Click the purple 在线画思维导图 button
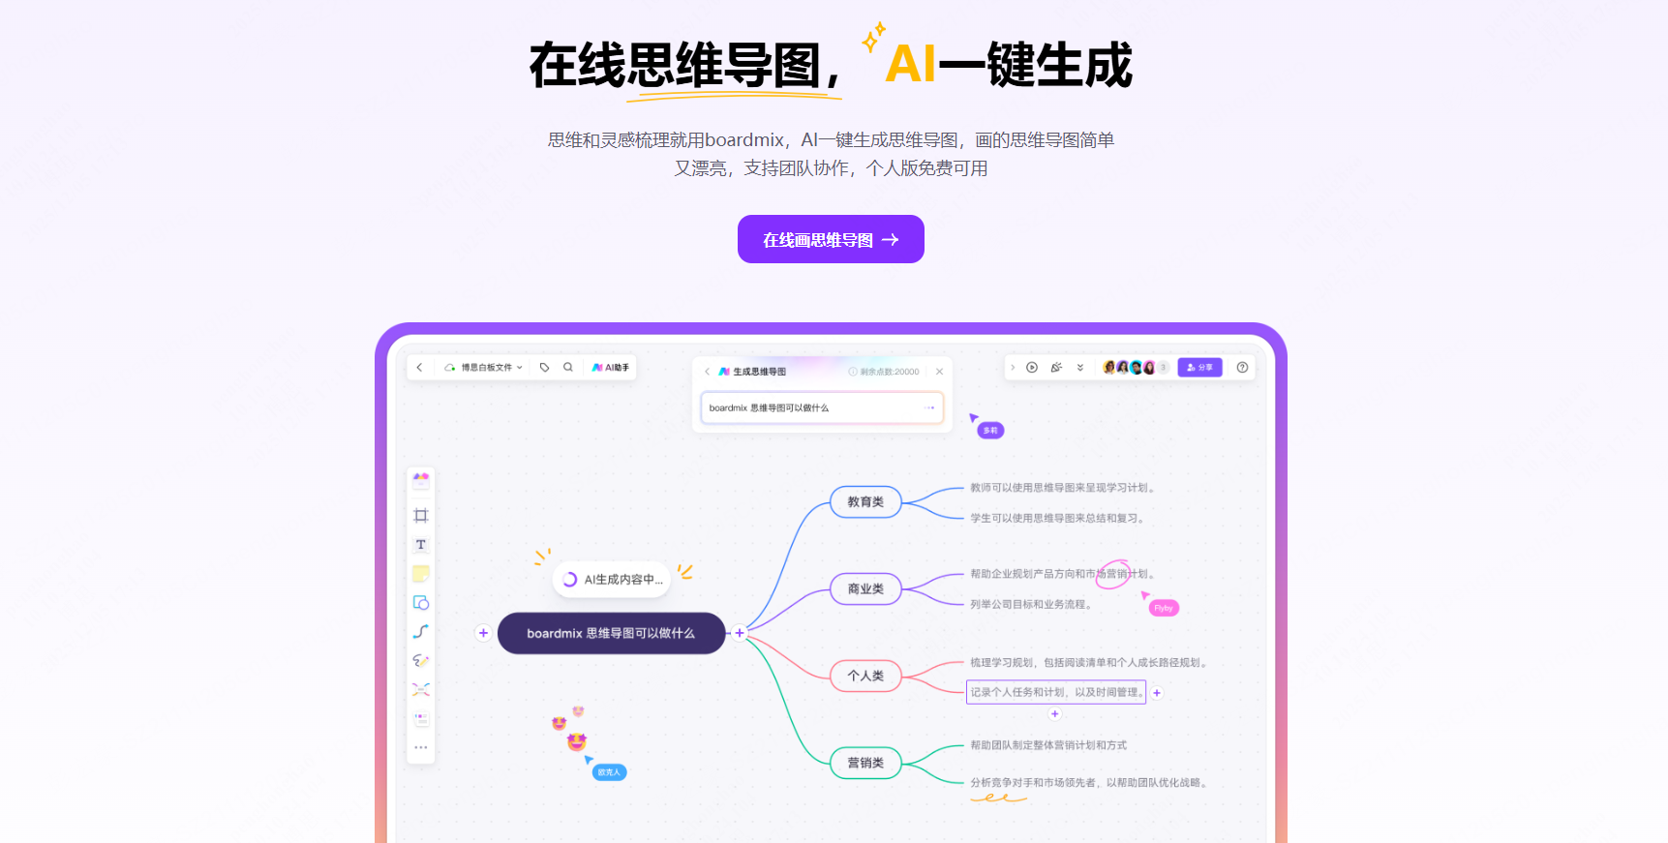point(831,239)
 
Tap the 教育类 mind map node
point(865,502)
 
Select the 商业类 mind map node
point(865,588)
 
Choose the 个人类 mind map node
point(865,676)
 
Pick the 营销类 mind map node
point(865,763)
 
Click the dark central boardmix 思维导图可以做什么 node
point(611,633)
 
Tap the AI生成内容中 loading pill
point(613,580)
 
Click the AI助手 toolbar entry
point(611,368)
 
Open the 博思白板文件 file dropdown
point(484,368)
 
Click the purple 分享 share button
point(1199,368)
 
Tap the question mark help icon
point(1242,368)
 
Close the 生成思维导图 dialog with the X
point(939,372)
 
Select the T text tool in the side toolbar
point(421,545)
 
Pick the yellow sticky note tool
point(421,574)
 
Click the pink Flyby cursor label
point(1164,609)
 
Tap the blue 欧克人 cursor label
point(609,772)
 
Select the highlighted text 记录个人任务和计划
point(1055,692)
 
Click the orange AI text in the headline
point(910,65)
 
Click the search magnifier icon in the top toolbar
point(568,368)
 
